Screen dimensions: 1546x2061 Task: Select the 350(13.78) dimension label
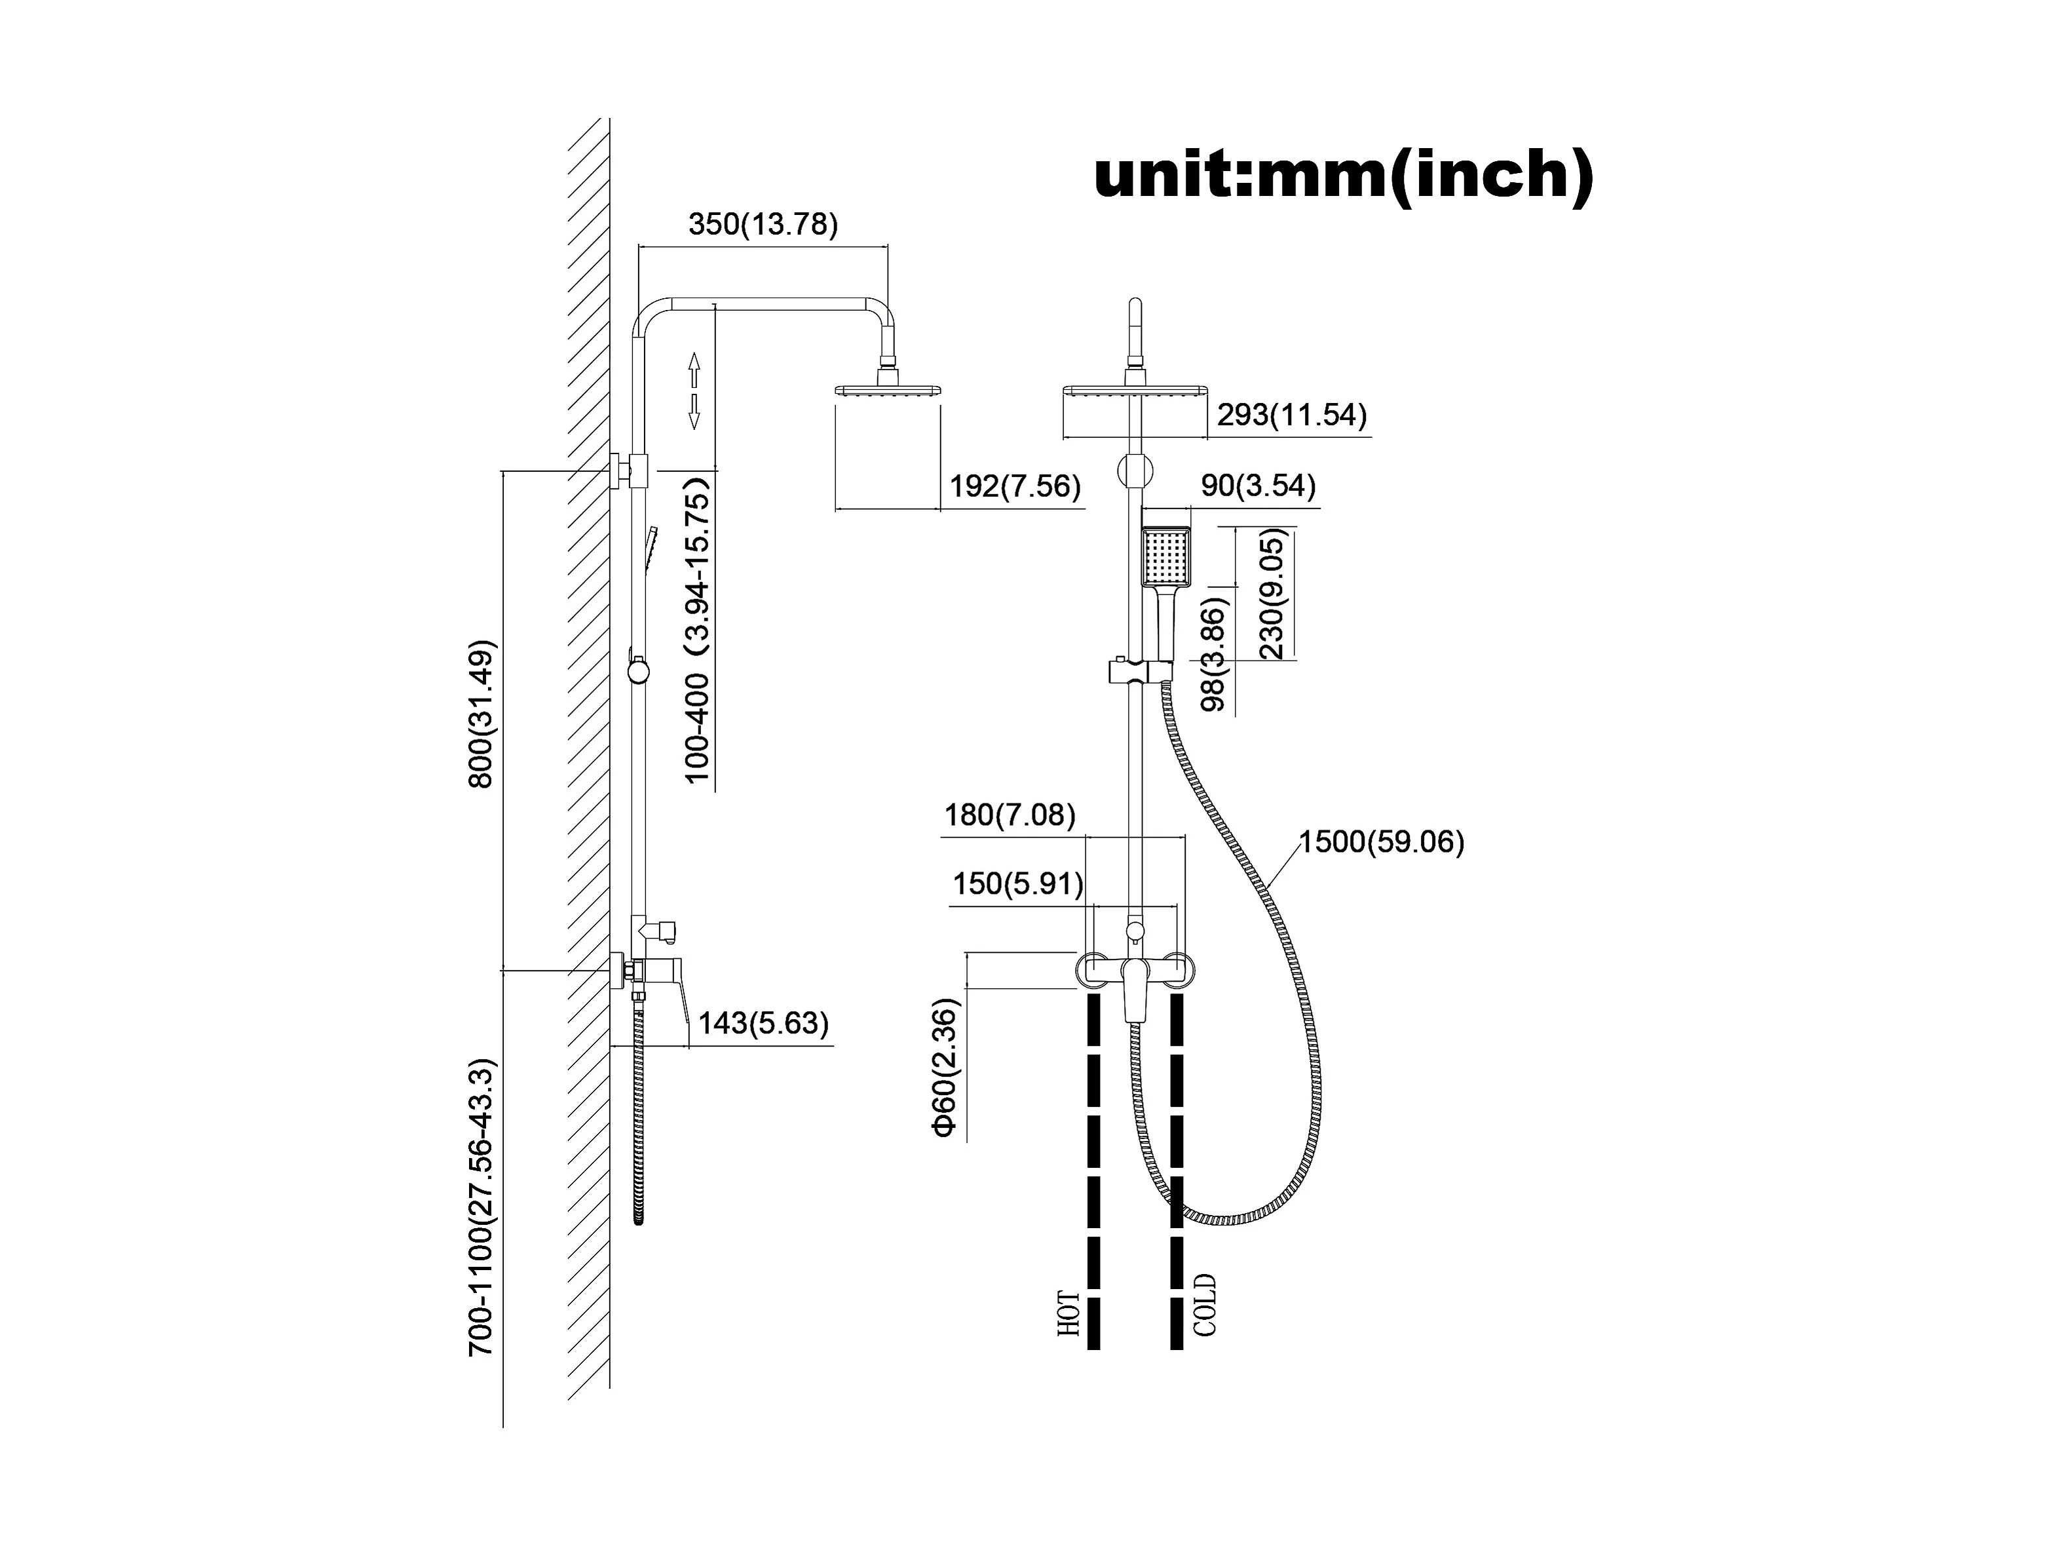pos(763,225)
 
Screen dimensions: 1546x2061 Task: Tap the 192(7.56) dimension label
pos(1015,486)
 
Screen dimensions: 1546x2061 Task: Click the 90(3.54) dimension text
pos(1258,486)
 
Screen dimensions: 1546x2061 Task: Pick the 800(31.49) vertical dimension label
pos(482,714)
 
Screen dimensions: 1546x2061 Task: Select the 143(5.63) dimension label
pos(763,1023)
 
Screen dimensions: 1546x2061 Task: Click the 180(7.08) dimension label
pos(1010,815)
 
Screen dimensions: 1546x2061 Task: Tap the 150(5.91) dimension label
pos(1017,883)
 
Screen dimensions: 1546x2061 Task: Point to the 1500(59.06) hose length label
pos(1382,842)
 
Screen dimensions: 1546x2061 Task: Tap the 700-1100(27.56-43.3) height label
pos(482,1208)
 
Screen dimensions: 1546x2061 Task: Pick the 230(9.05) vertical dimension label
pos(1271,594)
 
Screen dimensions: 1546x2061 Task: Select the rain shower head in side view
pos(890,391)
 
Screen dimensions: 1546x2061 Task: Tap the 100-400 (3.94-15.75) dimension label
pos(698,630)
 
